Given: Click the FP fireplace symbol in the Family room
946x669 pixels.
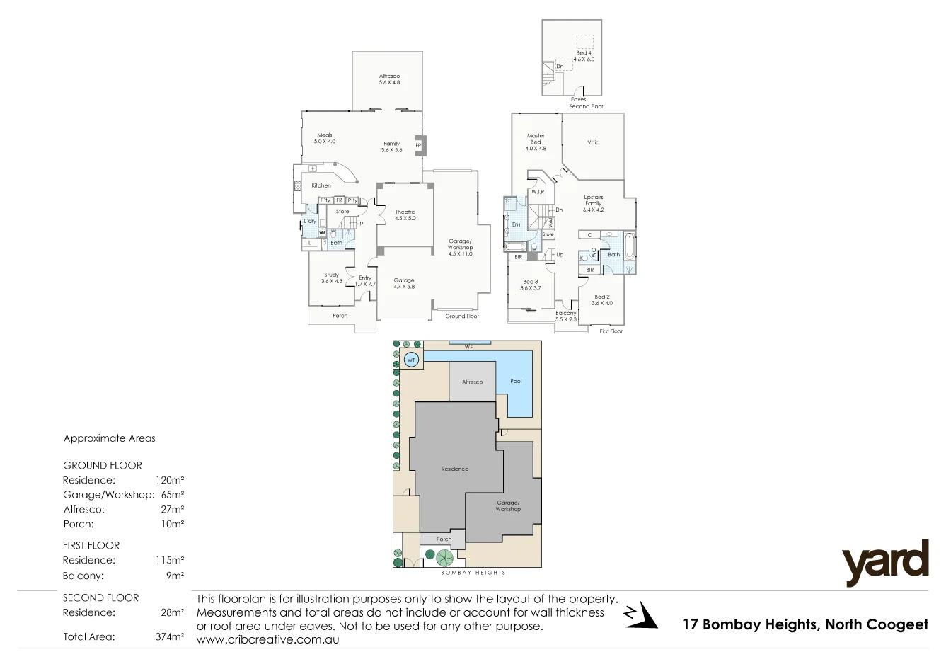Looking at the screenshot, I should (x=418, y=146).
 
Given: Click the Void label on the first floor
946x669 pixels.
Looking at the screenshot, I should (x=593, y=142).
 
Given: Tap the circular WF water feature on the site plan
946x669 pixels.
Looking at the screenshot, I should (x=411, y=360).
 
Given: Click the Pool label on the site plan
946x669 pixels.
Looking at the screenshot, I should (x=516, y=381).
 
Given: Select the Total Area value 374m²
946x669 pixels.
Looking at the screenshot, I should (x=170, y=636).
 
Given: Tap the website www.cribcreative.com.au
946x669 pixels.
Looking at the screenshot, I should (x=267, y=639).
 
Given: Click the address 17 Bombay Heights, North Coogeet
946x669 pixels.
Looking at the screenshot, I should (x=805, y=624).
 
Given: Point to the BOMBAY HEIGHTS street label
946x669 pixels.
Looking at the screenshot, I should (x=473, y=573).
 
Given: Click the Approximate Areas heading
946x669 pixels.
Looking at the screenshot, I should (x=109, y=438).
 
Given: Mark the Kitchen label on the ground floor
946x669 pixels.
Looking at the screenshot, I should (x=321, y=185).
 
